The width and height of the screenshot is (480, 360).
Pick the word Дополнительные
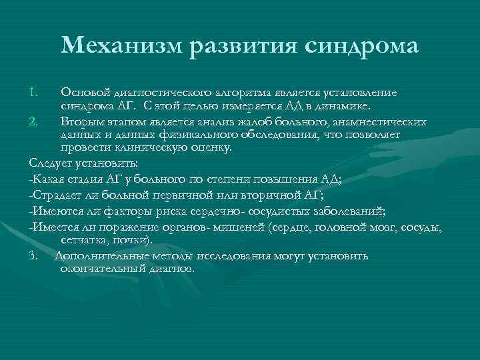[96, 256]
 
